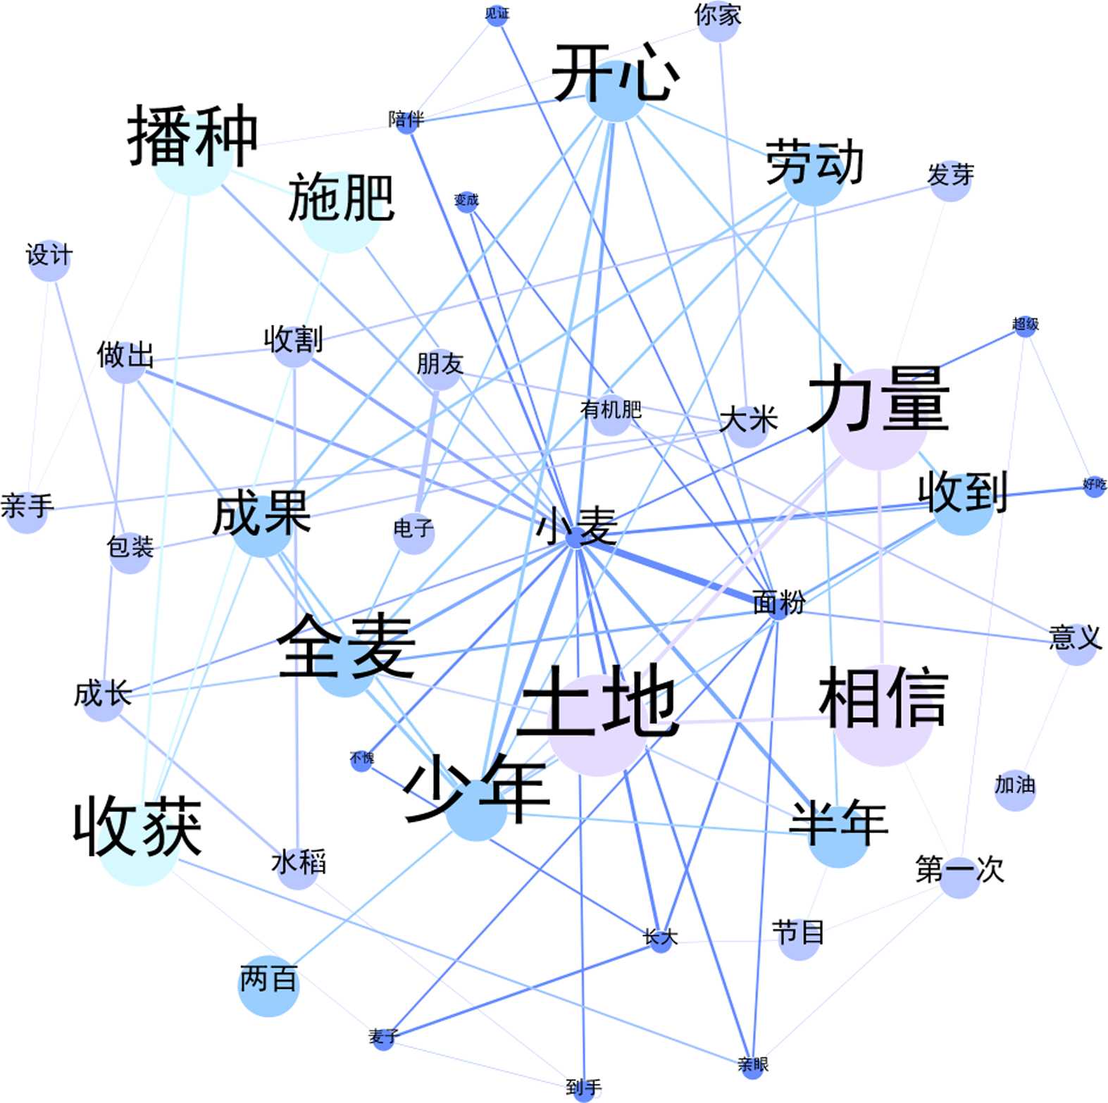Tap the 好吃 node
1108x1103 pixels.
tap(1094, 486)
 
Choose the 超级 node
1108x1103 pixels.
tap(1025, 325)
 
